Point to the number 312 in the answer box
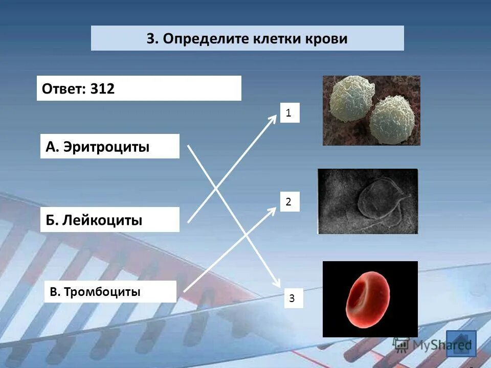coord(102,88)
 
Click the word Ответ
coord(63,88)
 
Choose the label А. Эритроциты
coord(98,147)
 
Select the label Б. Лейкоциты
coord(94,220)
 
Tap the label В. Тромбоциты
coord(95,292)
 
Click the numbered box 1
coord(289,113)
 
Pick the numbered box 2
coord(289,202)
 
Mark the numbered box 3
coord(292,298)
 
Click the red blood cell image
coord(370,299)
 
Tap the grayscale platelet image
coord(368,201)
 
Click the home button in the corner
coord(461,343)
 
